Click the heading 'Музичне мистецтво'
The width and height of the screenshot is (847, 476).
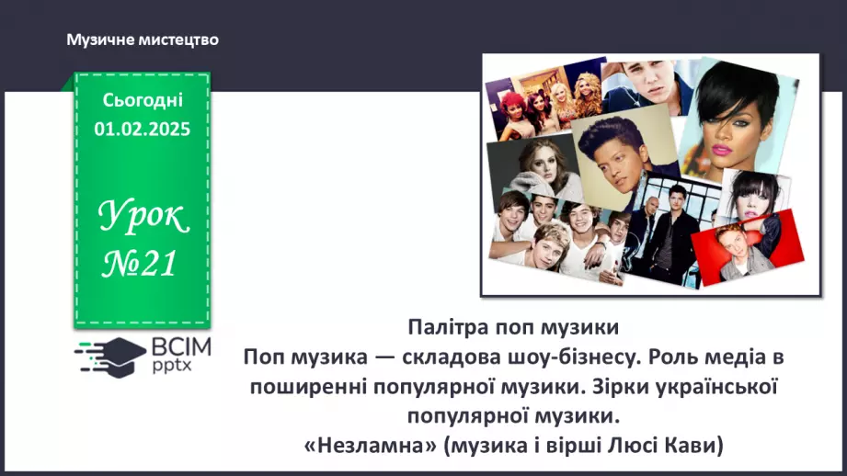click(143, 40)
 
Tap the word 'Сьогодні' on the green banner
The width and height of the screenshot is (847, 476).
click(143, 100)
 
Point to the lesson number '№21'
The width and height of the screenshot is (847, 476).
click(141, 265)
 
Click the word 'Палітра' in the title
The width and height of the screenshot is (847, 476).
click(445, 327)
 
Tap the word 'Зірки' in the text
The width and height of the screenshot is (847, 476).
click(621, 385)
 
